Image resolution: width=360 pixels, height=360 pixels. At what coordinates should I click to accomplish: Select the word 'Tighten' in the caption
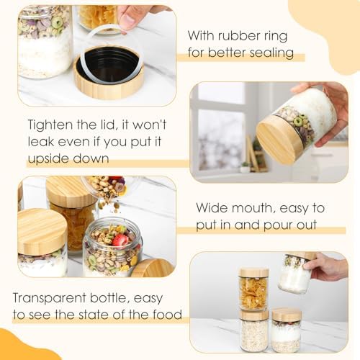tap(50, 125)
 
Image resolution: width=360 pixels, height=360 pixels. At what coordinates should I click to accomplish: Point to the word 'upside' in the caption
tap(48, 158)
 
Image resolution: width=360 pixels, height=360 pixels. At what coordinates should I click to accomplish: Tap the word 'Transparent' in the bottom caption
tap(50, 298)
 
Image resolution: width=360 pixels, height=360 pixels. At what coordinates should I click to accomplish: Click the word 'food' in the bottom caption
tap(168, 315)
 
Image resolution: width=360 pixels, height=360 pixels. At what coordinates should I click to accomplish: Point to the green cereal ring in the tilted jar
tap(299, 122)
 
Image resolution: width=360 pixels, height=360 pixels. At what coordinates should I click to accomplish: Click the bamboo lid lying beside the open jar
tap(153, 268)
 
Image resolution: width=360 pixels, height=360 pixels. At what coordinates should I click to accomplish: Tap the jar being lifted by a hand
tap(296, 273)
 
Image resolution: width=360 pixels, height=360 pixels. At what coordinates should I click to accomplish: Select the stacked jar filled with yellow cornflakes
tap(254, 289)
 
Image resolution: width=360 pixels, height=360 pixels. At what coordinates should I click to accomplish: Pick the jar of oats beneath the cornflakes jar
tap(253, 331)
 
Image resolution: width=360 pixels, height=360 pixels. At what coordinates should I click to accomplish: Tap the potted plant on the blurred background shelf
tap(245, 167)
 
